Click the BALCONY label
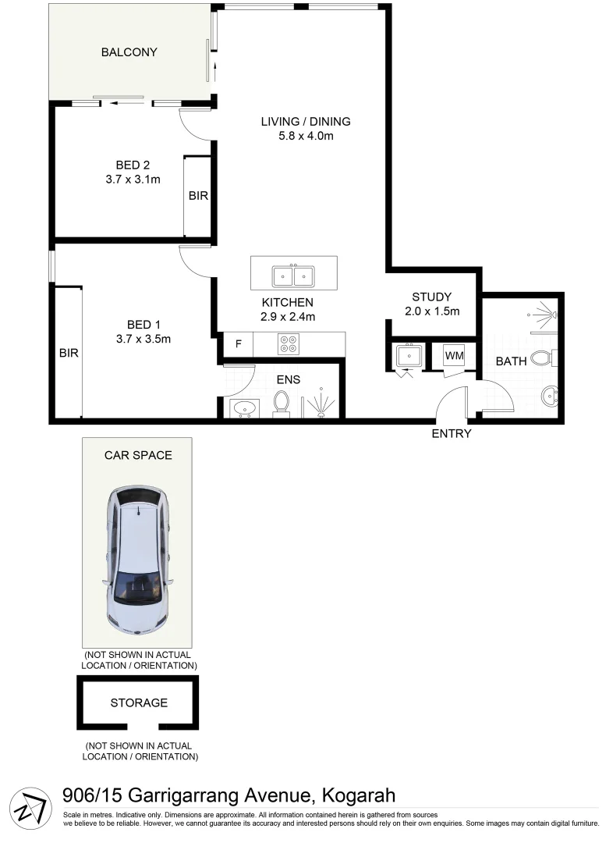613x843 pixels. point(129,53)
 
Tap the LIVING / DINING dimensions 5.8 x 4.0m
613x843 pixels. point(306,137)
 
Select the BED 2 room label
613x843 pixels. point(133,165)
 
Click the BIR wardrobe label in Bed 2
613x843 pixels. point(198,196)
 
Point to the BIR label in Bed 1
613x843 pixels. point(69,353)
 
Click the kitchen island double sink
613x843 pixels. point(293,276)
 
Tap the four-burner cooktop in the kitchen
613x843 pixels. point(287,343)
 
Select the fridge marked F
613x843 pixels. point(239,343)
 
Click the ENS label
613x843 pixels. point(289,380)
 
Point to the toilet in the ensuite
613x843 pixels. point(282,403)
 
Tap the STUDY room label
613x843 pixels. point(431,297)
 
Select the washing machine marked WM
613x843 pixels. point(454,355)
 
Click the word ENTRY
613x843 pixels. point(452,434)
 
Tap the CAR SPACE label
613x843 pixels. point(138,455)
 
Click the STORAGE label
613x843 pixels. point(139,702)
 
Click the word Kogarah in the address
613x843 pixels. point(357,796)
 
